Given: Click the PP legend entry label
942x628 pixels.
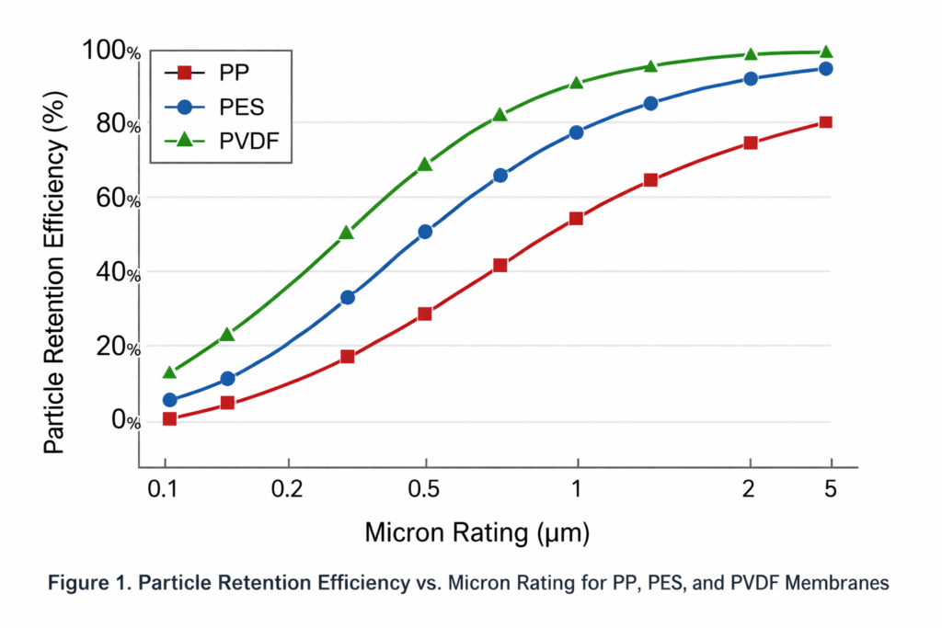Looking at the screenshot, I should tap(234, 72).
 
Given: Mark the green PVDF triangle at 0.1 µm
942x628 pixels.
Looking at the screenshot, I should tap(169, 372).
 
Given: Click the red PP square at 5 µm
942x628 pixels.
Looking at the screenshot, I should tap(826, 122).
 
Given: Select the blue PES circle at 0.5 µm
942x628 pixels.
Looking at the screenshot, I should tap(425, 232).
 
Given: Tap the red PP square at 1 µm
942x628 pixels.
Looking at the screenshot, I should tap(577, 219).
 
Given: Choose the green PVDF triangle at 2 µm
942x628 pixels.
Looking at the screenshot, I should tap(751, 54).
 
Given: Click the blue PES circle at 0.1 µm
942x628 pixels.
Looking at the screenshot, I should tap(169, 400).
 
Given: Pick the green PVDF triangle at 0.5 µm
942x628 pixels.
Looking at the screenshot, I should tap(425, 165).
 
